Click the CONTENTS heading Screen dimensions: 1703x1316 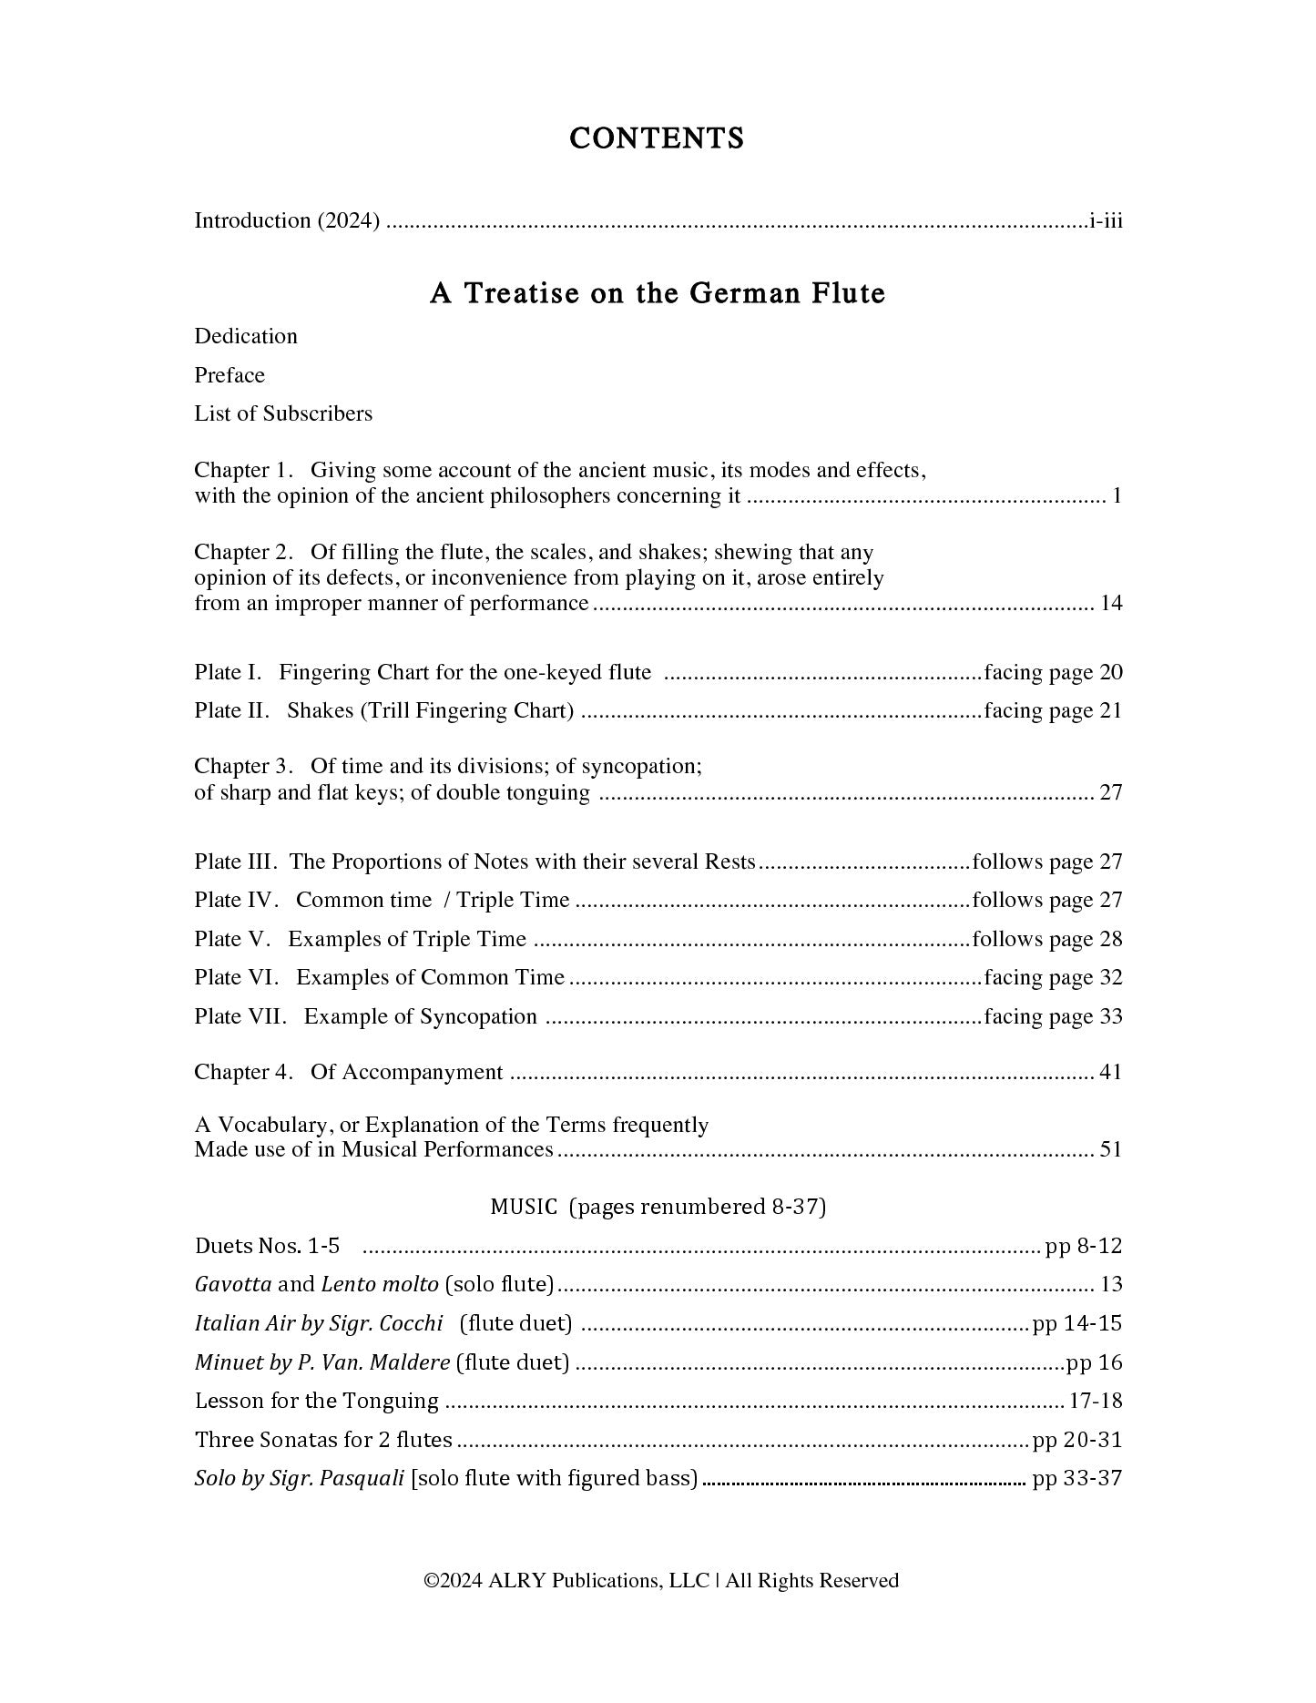click(x=657, y=138)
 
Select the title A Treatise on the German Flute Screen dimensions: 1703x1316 click(x=657, y=293)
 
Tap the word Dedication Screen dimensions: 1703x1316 click(x=246, y=336)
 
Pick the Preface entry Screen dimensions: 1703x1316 click(x=230, y=375)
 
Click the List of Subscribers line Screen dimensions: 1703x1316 click(x=283, y=413)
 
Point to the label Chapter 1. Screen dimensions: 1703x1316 click(x=243, y=471)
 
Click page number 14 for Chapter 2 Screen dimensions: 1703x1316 click(x=1111, y=603)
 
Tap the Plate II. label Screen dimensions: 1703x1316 click(x=231, y=710)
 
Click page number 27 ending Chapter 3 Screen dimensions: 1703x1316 click(x=1111, y=792)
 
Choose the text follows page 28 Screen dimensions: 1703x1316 click(x=1047, y=939)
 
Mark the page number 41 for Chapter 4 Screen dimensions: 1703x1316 click(x=1111, y=1072)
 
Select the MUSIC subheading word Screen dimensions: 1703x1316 click(x=524, y=1207)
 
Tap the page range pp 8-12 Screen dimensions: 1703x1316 click(x=1084, y=1246)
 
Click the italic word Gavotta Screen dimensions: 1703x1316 click(x=233, y=1285)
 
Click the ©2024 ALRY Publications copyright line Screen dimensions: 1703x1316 click(x=661, y=1581)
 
